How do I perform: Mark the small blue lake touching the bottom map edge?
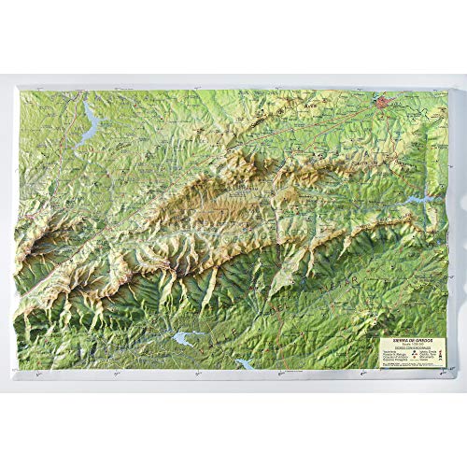tap(245, 362)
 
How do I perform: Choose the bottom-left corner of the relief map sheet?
tap(21, 373)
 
